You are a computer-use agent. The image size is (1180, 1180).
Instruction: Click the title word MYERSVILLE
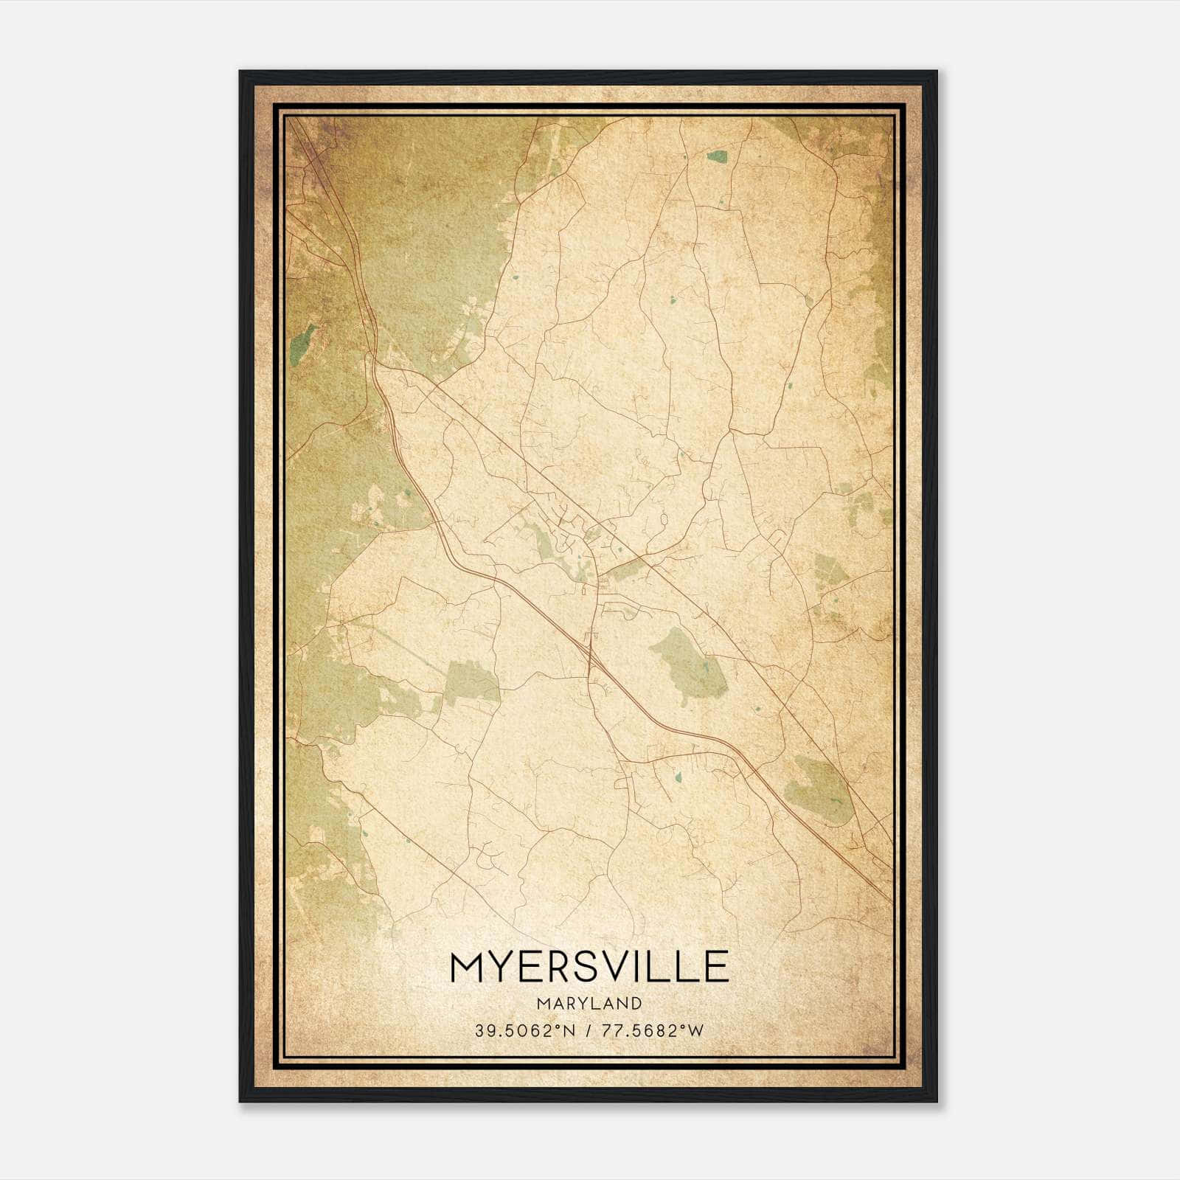(589, 967)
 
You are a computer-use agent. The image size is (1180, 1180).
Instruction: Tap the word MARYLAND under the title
(589, 1003)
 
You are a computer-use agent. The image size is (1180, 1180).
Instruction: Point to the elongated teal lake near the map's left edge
(302, 339)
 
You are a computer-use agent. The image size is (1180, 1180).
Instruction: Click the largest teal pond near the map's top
(716, 156)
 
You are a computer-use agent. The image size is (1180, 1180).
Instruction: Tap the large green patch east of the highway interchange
(687, 664)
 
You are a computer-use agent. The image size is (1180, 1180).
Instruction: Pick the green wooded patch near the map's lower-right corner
(816, 789)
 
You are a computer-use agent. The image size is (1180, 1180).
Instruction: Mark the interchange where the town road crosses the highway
(591, 649)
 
